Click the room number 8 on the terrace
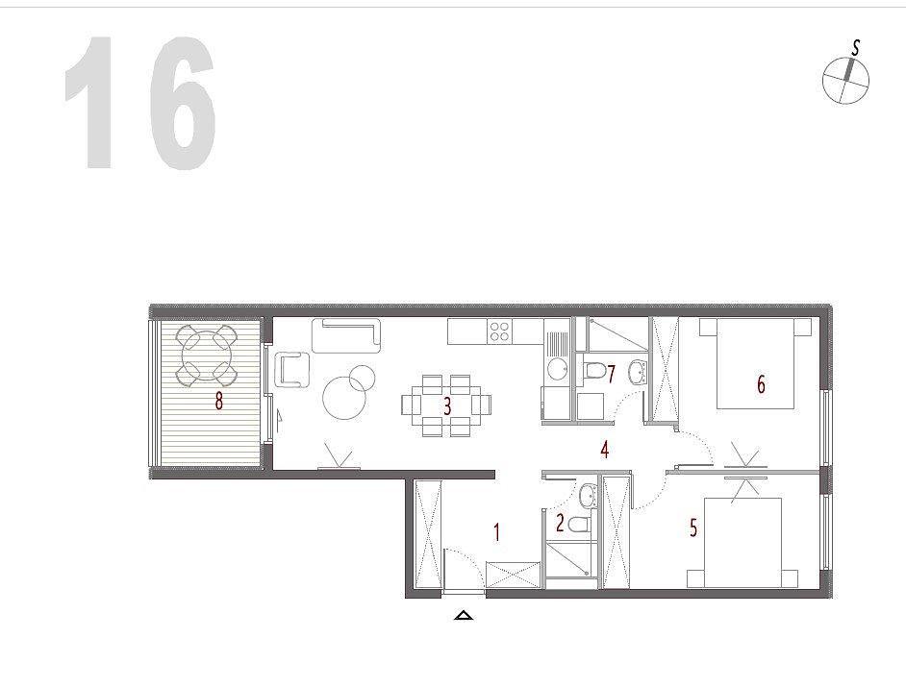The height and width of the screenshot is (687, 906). coord(218,400)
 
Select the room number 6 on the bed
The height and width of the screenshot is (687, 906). coord(761,384)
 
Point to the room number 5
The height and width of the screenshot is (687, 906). coord(693,528)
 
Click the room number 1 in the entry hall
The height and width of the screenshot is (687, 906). coord(496,531)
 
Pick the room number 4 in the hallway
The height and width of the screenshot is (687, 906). coord(604,449)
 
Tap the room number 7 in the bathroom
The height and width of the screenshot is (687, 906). coord(612,374)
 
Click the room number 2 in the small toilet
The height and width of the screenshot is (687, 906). coord(560,523)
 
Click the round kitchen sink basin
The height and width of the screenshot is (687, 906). coord(558,369)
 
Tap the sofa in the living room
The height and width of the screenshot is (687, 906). coord(346,334)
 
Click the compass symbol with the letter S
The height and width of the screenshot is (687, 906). coord(845,79)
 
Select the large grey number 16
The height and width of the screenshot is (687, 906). coord(140,103)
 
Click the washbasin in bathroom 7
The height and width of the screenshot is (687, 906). coord(638,371)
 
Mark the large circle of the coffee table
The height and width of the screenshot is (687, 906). coord(345,397)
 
